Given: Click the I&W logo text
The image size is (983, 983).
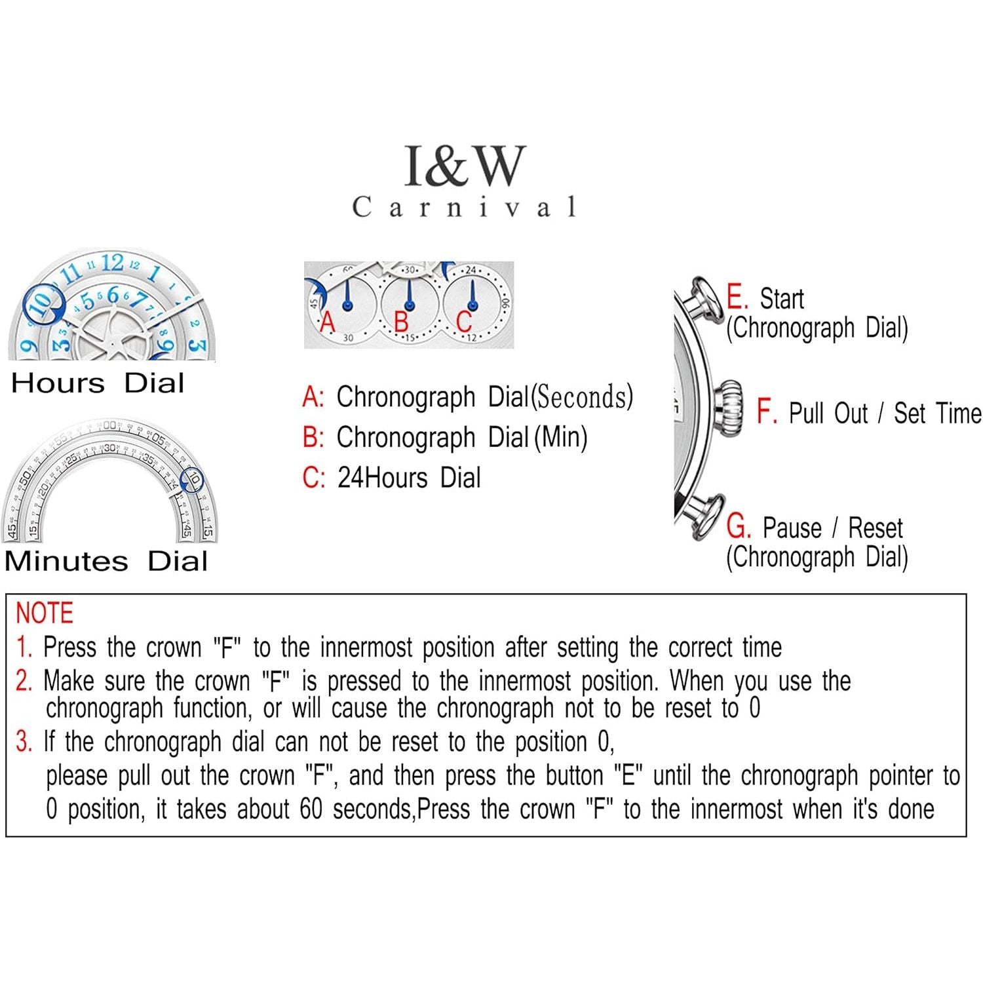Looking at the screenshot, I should point(465,165).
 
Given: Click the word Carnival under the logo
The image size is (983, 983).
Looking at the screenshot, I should point(465,207).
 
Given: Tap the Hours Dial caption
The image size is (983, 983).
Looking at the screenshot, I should point(98,383).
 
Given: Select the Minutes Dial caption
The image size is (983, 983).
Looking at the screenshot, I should point(106,562).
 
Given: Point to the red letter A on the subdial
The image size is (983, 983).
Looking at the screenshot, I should point(327,322).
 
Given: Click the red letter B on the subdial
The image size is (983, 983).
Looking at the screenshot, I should point(401,322).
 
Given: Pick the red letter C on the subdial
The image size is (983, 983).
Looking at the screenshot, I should point(464,322).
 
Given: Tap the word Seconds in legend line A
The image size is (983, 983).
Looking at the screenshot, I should point(582,397).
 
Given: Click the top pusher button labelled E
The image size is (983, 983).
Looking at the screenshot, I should point(704,298).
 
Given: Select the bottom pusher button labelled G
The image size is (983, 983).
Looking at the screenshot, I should point(705,516).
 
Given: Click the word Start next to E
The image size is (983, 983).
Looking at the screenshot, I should point(781,299).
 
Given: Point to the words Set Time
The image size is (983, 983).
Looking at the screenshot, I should point(937,414).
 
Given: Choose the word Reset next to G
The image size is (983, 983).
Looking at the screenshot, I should point(875,528).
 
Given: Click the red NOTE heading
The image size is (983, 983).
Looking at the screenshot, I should point(44,613).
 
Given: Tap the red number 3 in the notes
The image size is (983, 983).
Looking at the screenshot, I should point(24,742).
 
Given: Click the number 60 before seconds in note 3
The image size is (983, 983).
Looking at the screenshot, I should point(311,809).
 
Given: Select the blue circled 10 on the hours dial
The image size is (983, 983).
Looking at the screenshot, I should point(43,303).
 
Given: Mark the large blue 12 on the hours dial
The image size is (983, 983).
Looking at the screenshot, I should point(112,263).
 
